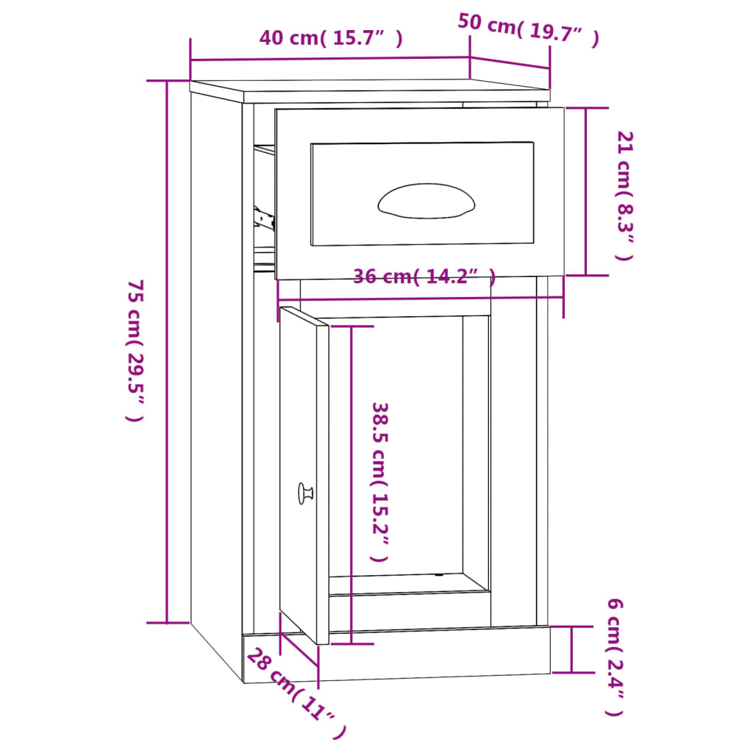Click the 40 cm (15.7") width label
point(331,38)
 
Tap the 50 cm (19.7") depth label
point(528,30)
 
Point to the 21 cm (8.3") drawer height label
point(624,196)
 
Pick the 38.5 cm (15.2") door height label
point(379,482)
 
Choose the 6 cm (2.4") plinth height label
point(615,657)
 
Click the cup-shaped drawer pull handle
point(426,201)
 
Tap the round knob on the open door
point(305,493)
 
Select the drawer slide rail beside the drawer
point(263,217)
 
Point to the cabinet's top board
point(368,90)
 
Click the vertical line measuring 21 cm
point(586,191)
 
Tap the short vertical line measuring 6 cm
point(571,649)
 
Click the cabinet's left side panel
point(216,368)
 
